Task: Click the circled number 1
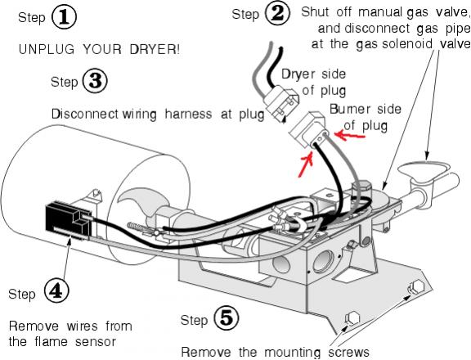[65, 17]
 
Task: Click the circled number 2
[277, 14]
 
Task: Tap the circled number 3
[95, 81]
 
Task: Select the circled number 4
[56, 291]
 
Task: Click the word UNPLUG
[47, 49]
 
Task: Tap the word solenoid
[407, 44]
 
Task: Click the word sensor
[96, 342]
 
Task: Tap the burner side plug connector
[308, 130]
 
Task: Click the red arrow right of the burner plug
[350, 135]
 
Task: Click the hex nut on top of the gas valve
[361, 187]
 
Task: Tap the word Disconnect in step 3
[85, 115]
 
